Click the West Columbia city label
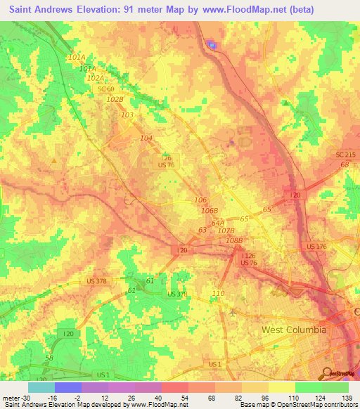coord(294,330)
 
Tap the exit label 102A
coord(96,78)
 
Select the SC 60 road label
coord(106,89)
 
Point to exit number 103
coord(127,115)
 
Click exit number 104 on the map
coord(146,138)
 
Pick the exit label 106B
coord(210,211)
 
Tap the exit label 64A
coord(218,223)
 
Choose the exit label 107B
coord(226,231)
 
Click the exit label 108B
coord(234,240)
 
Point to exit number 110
coord(218,293)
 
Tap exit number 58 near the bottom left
coord(49,358)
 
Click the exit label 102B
coord(115,100)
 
